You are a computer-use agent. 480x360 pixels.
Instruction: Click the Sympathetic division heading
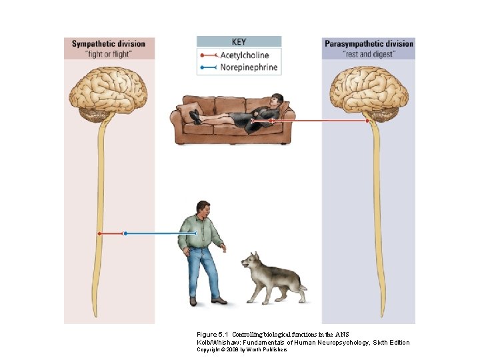coord(108,44)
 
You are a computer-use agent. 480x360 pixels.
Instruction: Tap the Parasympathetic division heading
coord(369,44)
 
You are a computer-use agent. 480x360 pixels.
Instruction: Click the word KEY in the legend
coord(239,41)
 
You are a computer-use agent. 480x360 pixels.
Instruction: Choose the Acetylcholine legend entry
coord(245,55)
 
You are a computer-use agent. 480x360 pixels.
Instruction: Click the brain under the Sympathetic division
coord(109,91)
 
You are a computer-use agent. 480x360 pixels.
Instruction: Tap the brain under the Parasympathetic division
coord(369,91)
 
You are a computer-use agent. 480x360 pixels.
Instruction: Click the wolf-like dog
coord(271,275)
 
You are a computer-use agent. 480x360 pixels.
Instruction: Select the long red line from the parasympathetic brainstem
coord(320,121)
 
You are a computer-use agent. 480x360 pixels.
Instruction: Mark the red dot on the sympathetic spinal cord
coord(99,233)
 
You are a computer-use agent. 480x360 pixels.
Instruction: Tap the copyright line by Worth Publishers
coord(241,349)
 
